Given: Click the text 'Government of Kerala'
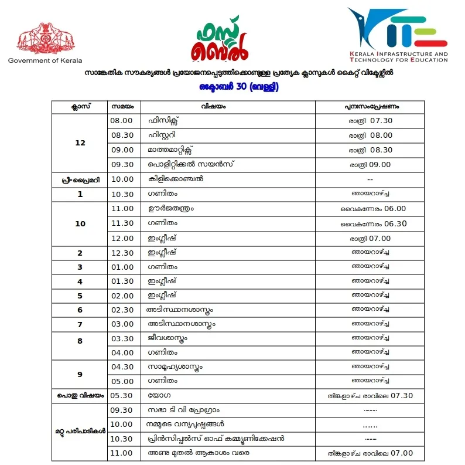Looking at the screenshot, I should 45,60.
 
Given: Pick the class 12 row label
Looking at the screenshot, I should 80,142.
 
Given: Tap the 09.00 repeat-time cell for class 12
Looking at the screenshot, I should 371,165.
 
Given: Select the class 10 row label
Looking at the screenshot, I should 80,223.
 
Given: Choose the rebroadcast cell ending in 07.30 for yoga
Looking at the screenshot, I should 371,395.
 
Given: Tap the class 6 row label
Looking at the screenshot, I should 80,310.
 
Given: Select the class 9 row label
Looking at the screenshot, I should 80,374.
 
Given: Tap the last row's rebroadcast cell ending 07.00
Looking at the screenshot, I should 371,453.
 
